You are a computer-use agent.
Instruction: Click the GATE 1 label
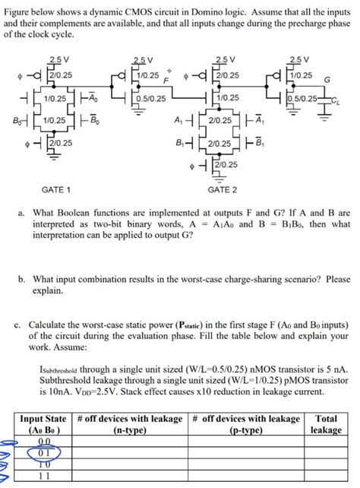click(57, 189)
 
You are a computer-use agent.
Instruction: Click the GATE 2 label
click(222, 189)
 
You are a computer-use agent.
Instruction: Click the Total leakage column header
click(326, 423)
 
